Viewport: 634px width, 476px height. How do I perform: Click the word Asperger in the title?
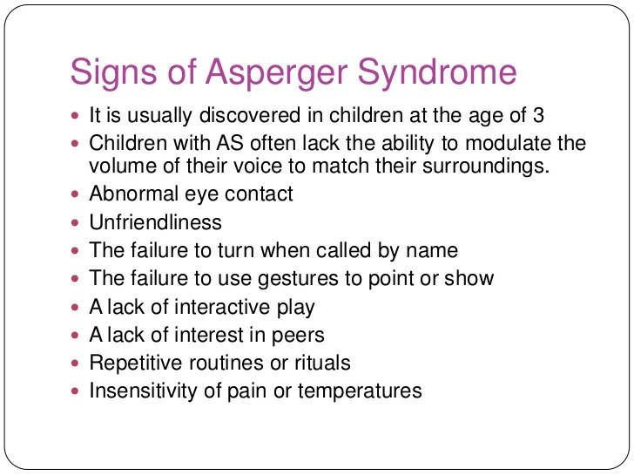pyautogui.click(x=276, y=72)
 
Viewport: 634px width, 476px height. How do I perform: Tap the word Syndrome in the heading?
pyautogui.click(x=437, y=72)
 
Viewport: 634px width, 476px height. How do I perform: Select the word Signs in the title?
pyautogui.click(x=113, y=72)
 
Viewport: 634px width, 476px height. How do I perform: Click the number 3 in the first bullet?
pyautogui.click(x=538, y=115)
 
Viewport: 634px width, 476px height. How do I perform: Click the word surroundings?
pyautogui.click(x=486, y=167)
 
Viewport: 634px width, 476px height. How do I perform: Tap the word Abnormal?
pyautogui.click(x=134, y=194)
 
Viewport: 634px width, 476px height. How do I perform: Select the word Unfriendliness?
pyautogui.click(x=155, y=221)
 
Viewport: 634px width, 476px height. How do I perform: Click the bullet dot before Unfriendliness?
pyautogui.click(x=75, y=222)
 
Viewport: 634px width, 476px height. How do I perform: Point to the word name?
pyautogui.click(x=432, y=250)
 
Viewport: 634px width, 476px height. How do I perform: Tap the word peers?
pyautogui.click(x=298, y=336)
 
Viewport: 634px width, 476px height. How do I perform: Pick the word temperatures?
pyautogui.click(x=360, y=391)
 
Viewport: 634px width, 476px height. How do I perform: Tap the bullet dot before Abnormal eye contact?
pyautogui.click(x=75, y=194)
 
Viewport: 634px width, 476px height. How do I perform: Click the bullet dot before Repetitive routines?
pyautogui.click(x=75, y=364)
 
